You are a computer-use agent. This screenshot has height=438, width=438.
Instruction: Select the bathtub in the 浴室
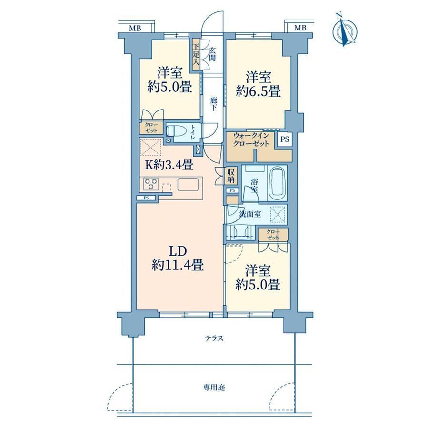coord(277,183)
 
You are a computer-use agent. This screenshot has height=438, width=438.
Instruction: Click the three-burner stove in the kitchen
coord(150,184)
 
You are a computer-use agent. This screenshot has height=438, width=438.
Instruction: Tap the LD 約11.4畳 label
coord(178,258)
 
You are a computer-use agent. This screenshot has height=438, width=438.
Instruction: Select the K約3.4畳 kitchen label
coord(169,165)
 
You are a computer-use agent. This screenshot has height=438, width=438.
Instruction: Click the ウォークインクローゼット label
coord(251,139)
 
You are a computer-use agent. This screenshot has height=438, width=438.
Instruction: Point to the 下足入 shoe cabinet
coord(196,54)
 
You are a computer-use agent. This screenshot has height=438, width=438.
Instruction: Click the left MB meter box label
coord(135,28)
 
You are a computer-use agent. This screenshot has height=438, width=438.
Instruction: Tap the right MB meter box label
coord(300,28)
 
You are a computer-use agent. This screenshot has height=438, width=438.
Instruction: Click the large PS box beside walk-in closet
coord(285,139)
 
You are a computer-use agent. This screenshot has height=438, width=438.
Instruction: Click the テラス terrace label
coord(215,338)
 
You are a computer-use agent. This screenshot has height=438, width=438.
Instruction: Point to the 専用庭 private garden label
coord(214,388)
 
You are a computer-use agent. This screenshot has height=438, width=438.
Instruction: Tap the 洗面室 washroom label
coord(250,214)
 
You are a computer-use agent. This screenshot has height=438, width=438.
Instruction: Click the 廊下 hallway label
coord(213,104)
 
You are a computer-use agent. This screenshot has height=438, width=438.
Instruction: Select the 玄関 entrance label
coord(213,54)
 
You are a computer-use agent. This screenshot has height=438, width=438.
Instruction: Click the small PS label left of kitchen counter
coord(146,198)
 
